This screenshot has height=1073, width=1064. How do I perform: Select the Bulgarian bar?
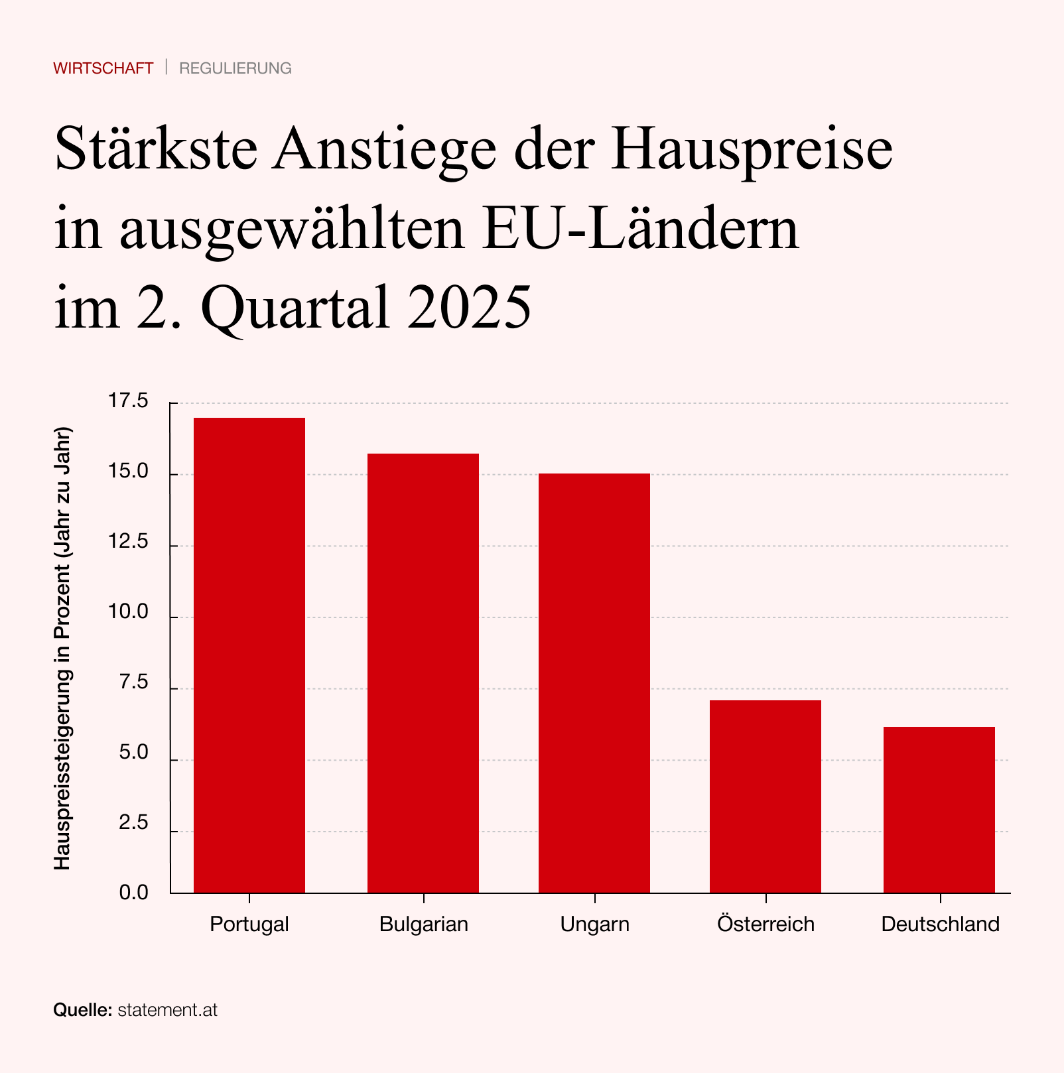coord(423,673)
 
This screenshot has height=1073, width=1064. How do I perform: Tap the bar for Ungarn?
coord(594,683)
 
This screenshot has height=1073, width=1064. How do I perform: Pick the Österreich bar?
coord(765,796)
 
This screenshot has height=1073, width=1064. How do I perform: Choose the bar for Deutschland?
coord(939,810)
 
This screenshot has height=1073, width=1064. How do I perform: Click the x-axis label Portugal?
coord(249,924)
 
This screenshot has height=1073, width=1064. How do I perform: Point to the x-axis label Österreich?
coord(765,924)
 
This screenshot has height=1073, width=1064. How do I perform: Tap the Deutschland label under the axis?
coord(940,924)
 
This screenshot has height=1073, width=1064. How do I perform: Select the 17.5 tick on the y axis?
coord(129,401)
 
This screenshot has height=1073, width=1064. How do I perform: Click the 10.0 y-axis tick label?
coord(129,612)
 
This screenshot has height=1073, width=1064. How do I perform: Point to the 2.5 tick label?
coord(133,823)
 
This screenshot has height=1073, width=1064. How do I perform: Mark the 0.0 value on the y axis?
coord(133,893)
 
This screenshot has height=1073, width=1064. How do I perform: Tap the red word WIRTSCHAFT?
coord(103,68)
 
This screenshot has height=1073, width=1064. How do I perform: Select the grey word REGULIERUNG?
coord(235,68)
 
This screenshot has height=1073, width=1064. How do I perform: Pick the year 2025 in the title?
coord(470,307)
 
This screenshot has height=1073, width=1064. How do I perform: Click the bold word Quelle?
coord(82,1010)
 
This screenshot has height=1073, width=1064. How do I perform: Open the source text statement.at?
coord(168,1010)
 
